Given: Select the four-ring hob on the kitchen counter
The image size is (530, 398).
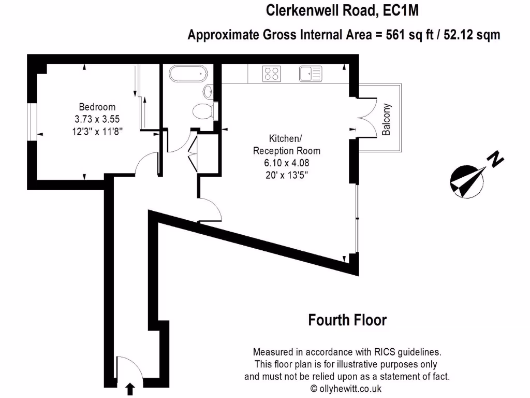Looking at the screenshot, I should (x=272, y=74).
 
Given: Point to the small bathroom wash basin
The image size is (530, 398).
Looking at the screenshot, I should (x=208, y=92).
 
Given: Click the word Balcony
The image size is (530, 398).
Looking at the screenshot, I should (x=386, y=120).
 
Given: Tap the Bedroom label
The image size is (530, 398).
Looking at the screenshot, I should (x=97, y=107).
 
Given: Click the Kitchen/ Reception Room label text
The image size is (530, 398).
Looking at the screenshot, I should (x=286, y=145).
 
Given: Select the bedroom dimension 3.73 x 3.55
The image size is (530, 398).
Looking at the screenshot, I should (x=97, y=119).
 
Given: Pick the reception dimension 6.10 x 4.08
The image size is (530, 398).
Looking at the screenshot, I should (x=286, y=163).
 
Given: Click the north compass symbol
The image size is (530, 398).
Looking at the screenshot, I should (x=467, y=182).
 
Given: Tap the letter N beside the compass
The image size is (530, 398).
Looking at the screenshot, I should (x=496, y=159).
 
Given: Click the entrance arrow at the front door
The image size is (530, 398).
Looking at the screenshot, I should (x=130, y=389).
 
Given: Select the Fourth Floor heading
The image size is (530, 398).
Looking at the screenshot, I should (x=347, y=320).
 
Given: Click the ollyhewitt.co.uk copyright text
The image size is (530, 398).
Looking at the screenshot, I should (x=346, y=388).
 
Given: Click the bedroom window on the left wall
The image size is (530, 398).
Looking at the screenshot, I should (x=32, y=122).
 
